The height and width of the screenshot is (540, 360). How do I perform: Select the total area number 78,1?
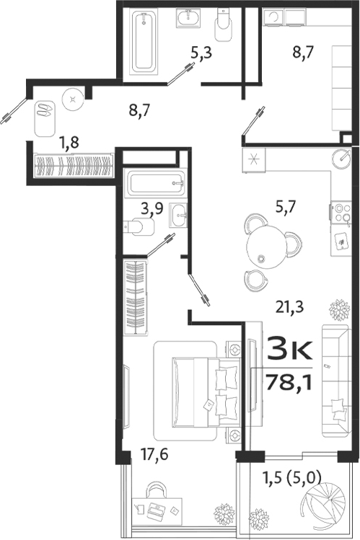pos(287,380)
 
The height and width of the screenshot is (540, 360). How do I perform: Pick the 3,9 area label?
pos(152,208)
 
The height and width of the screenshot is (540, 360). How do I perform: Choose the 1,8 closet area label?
pos(69,141)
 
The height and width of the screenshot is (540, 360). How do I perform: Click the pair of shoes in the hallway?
pos(45,110)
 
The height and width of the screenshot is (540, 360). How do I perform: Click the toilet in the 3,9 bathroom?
pos(140,227)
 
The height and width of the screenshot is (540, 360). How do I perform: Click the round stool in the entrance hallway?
pos(72,96)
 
